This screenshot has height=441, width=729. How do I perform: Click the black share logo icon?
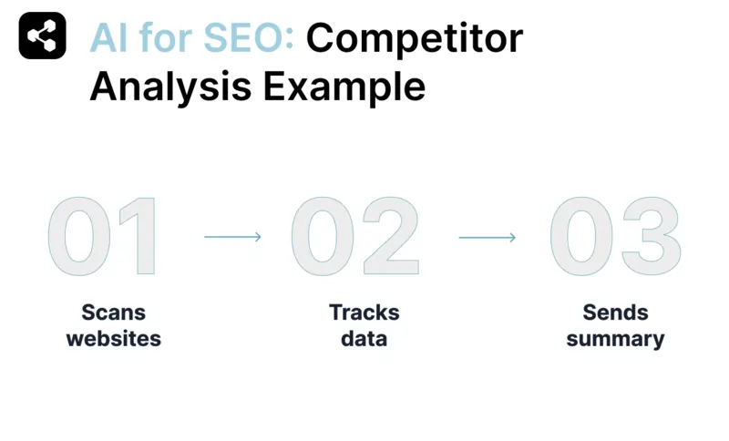[x=42, y=36]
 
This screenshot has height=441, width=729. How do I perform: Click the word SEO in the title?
[x=246, y=38]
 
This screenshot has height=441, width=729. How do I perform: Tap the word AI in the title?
[x=108, y=38]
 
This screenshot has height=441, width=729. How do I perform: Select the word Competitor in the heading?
[x=415, y=38]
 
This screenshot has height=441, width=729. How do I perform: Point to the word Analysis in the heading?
[x=170, y=87]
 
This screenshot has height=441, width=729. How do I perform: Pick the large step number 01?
[x=103, y=238]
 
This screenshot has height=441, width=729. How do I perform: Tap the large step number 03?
[x=615, y=238]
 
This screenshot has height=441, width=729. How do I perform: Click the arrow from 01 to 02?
[x=232, y=237]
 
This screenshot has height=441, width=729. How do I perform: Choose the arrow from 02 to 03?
[x=487, y=237]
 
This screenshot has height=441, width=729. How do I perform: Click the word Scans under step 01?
[x=114, y=313]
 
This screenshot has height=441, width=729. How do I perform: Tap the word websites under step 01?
[x=114, y=339]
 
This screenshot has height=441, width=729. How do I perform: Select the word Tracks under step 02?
[x=364, y=313]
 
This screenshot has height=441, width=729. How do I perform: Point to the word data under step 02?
[x=364, y=339]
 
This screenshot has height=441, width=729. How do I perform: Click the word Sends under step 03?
[x=615, y=313]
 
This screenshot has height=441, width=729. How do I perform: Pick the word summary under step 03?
[x=615, y=339]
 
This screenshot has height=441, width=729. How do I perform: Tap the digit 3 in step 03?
[x=650, y=238]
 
